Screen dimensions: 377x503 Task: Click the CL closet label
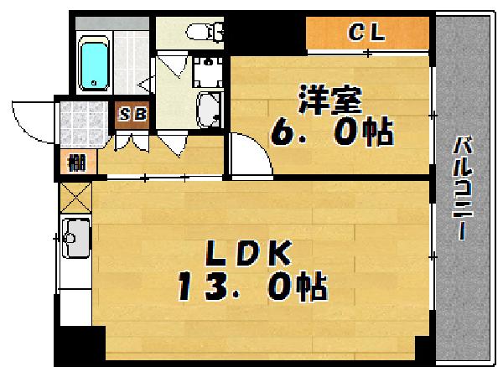[x=366, y=34]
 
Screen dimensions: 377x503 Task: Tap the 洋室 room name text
[x=329, y=101]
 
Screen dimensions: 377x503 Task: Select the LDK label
[x=249, y=254]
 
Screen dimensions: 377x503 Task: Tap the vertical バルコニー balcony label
[x=462, y=188]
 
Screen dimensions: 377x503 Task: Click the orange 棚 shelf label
[x=75, y=163]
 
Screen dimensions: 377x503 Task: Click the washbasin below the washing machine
[x=207, y=109]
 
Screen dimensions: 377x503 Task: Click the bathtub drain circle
[x=95, y=82]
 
